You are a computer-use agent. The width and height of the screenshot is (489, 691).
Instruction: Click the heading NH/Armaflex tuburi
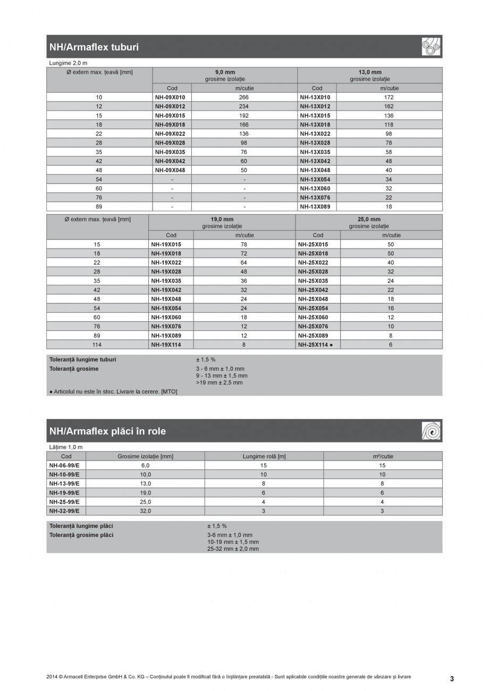click(x=94, y=47)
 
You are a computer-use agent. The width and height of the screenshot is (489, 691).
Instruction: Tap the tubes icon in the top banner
click(x=431, y=47)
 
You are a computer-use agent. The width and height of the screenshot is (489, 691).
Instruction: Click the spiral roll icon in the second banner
click(x=431, y=431)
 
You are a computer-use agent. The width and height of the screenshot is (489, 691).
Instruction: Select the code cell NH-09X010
click(x=170, y=97)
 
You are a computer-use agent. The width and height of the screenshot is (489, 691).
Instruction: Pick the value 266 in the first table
click(x=244, y=97)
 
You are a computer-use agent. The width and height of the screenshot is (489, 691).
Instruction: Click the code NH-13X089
click(x=315, y=207)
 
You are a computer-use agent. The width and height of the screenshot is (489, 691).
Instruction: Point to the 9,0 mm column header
click(x=225, y=72)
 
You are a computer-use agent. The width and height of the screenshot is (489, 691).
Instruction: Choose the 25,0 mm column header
click(x=369, y=219)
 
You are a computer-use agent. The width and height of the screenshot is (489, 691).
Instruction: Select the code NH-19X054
click(x=166, y=308)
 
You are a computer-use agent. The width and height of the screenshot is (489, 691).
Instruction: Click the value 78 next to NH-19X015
click(x=244, y=244)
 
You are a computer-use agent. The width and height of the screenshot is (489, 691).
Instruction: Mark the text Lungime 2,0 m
click(x=68, y=63)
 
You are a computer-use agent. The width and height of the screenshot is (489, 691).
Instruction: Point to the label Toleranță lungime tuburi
click(x=82, y=360)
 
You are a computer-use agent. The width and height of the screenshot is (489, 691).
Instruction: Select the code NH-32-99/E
click(x=64, y=510)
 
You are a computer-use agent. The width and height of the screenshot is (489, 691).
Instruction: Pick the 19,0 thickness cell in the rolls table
click(x=145, y=492)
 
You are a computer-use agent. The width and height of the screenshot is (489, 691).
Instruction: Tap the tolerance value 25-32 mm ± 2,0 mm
click(x=233, y=549)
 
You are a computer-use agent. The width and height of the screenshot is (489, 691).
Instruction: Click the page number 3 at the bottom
click(x=452, y=679)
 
